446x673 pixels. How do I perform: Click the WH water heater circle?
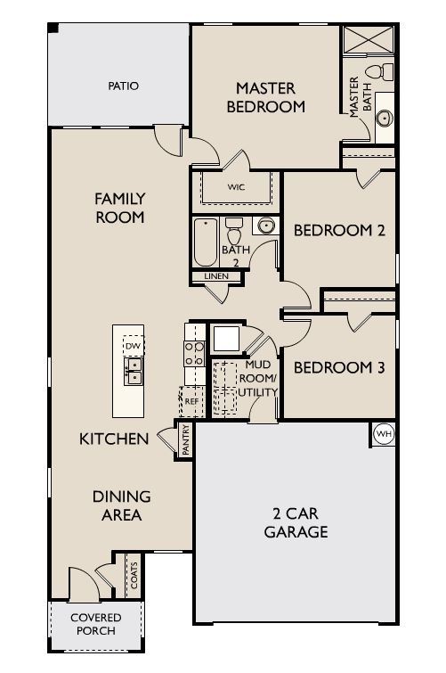click(x=384, y=434)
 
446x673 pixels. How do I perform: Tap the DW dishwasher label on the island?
click(x=134, y=346)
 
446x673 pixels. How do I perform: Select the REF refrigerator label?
click(x=191, y=402)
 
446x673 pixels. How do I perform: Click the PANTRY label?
click(x=186, y=439)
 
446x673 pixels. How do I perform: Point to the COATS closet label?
click(x=134, y=576)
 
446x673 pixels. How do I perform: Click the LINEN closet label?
click(x=216, y=276)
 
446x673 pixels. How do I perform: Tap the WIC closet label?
click(x=236, y=187)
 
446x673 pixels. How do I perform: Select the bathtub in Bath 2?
click(x=206, y=242)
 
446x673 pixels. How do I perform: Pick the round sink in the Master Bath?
click(x=385, y=118)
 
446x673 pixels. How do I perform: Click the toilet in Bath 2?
click(x=234, y=231)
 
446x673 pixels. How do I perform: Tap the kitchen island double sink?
click(x=134, y=372)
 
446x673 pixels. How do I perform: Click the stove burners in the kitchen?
click(x=194, y=354)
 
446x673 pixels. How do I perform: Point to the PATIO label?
click(x=124, y=86)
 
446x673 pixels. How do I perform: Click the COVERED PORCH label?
click(x=95, y=624)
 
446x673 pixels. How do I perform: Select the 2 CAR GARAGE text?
click(x=296, y=522)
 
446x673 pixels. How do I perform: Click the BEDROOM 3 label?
click(x=339, y=368)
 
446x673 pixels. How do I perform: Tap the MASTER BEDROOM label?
click(x=266, y=97)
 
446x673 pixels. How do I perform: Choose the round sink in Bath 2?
click(x=266, y=226)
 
